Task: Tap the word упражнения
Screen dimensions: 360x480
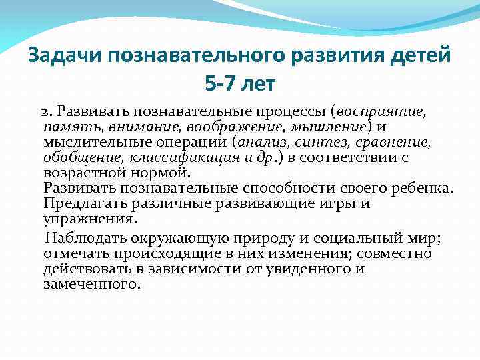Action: coord(90,219)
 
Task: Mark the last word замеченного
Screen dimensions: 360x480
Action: coord(91,284)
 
